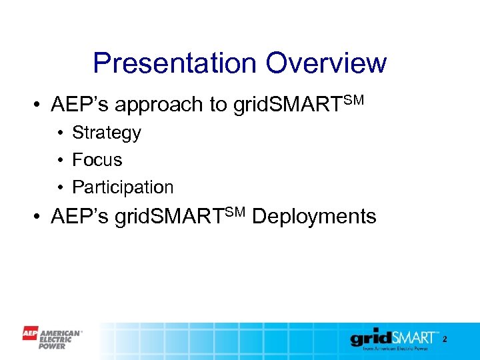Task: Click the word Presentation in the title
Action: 175,64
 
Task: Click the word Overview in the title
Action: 326,64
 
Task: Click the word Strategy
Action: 107,133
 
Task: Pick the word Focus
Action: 97,160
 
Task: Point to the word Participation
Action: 123,187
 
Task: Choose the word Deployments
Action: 315,217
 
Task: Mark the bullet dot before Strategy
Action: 60,133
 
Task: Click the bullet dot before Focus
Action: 60,161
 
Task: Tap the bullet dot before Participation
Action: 60,188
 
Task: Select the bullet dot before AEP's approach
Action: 39,105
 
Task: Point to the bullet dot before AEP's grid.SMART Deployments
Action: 39,217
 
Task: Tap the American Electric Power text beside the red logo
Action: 61,339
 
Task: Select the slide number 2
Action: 445,340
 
